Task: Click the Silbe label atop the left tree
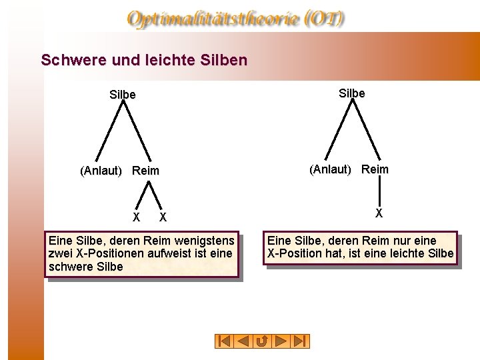[122, 95]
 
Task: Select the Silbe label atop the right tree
[351, 93]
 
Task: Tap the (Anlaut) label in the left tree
[101, 171]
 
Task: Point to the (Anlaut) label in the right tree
[330, 169]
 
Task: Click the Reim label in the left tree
[145, 171]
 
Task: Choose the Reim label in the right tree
[375, 169]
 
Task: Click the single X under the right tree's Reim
[379, 214]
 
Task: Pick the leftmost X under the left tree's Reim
[136, 217]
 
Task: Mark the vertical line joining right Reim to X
[379, 192]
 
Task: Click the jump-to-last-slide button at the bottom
[301, 341]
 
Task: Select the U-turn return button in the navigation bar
[263, 341]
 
